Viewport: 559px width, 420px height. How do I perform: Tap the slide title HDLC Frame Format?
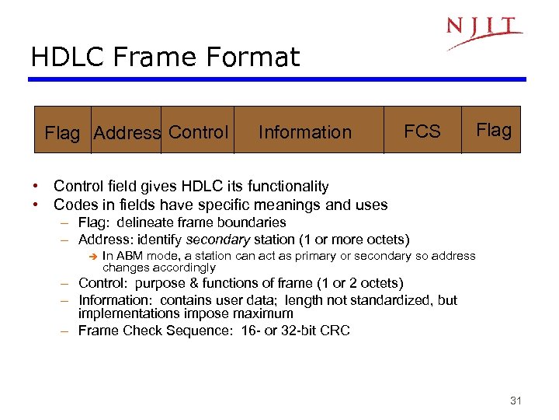(x=165, y=57)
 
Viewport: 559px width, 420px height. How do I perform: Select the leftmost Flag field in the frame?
(x=62, y=133)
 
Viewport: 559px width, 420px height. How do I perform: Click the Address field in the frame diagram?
(x=126, y=133)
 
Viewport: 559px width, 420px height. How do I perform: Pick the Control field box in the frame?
(x=198, y=132)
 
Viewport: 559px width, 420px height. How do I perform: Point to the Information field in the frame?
(x=304, y=132)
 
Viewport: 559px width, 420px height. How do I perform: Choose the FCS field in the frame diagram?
(x=422, y=131)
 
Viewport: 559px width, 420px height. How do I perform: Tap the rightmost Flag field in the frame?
(x=493, y=130)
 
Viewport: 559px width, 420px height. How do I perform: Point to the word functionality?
(x=287, y=187)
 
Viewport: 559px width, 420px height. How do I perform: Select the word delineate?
(x=150, y=223)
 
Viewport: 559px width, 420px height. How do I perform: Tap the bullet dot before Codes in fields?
(x=36, y=205)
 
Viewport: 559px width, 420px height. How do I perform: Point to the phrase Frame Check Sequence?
(x=150, y=331)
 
